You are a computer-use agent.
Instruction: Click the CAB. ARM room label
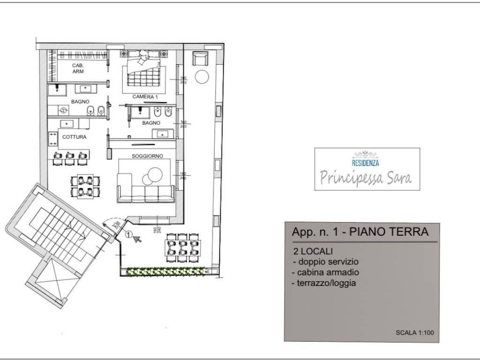[x=77, y=68]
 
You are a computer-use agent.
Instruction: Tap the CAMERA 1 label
[x=144, y=96]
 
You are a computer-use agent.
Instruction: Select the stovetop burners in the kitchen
[x=53, y=138]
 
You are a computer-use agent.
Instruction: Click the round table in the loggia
[x=202, y=77]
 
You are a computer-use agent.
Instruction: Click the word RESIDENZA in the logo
[x=365, y=163]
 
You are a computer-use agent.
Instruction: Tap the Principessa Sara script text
[x=366, y=177]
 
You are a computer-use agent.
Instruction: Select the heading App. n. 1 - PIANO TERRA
[x=360, y=232]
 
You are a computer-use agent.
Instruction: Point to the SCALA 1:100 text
[x=414, y=333]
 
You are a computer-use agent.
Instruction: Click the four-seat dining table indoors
[x=85, y=185]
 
